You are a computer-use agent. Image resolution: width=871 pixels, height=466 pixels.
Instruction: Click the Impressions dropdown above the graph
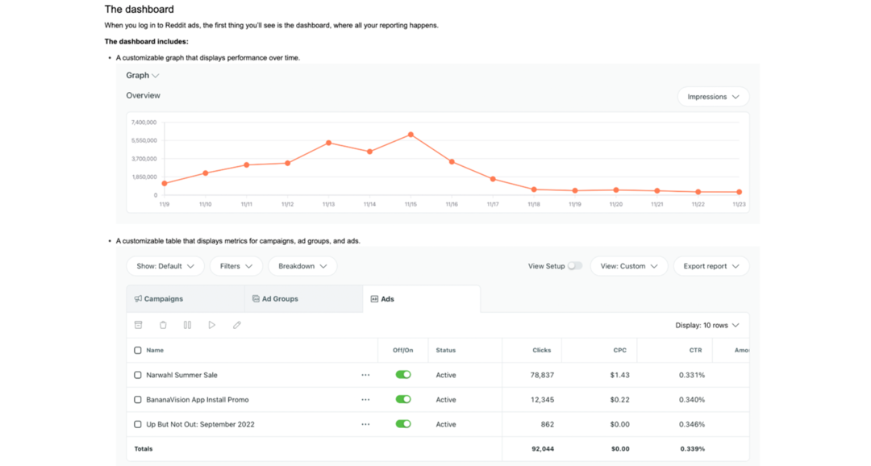click(713, 97)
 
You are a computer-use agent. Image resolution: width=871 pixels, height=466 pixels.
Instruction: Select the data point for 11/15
click(410, 135)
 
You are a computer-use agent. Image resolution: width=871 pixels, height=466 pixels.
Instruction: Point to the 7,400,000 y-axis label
click(144, 122)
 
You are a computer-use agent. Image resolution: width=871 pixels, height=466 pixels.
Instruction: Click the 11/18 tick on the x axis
click(534, 205)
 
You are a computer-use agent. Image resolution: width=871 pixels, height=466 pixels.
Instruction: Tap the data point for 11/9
click(165, 183)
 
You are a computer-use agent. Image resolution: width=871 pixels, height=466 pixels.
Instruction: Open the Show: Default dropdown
click(165, 266)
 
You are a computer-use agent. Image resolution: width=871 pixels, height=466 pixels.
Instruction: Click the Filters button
click(236, 266)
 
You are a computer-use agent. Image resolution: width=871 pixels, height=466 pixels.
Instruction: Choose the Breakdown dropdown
click(302, 266)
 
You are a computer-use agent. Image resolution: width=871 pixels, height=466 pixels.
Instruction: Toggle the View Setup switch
click(574, 266)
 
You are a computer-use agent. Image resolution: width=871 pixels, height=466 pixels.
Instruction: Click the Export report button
click(711, 266)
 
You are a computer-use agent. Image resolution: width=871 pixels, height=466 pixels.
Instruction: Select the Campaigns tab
click(185, 299)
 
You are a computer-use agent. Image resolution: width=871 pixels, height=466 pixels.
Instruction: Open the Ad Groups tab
click(303, 299)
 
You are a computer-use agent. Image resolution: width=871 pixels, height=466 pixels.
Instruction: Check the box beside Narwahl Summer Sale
click(138, 375)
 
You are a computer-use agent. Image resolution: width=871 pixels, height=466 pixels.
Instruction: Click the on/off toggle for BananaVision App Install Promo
click(403, 400)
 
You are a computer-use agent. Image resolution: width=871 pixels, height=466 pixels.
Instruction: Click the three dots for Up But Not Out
click(365, 424)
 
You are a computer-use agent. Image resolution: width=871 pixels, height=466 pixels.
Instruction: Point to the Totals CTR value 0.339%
click(692, 449)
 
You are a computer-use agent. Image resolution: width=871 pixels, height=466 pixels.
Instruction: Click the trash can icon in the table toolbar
click(163, 325)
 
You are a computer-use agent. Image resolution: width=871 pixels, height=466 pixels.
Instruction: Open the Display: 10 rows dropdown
click(706, 326)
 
